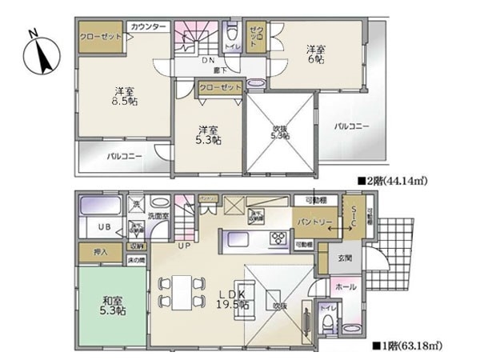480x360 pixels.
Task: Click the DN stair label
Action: pos(208,60)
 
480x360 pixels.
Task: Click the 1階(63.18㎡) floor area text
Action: pos(408,346)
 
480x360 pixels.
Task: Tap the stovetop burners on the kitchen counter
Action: pos(279,238)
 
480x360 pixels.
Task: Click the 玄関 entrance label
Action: pos(345,258)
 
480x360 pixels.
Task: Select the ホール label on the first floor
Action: pos(345,286)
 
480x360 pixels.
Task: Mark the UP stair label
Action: pos(184,245)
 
